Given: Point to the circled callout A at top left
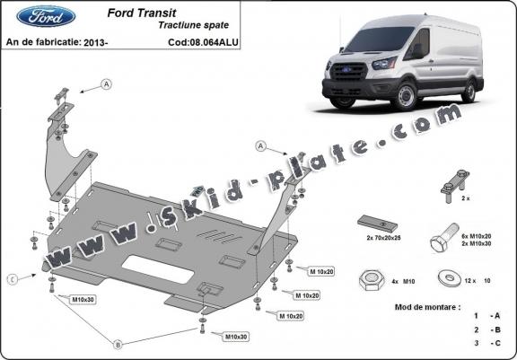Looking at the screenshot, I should [x=106, y=84].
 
